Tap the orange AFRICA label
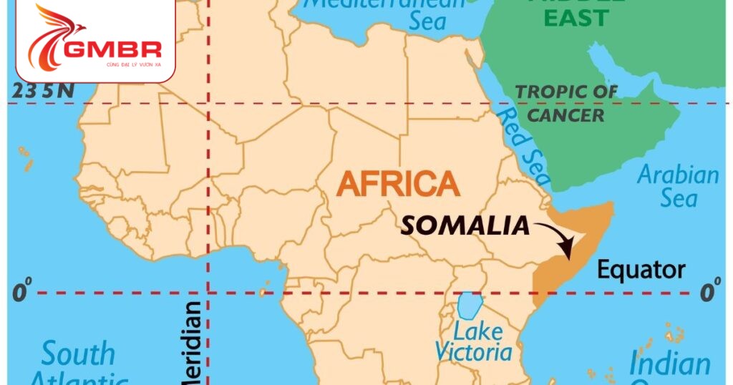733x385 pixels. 398,185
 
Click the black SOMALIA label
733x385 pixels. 465,226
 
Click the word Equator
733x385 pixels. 641,270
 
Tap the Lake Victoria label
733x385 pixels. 474,342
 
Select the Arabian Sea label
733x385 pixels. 677,185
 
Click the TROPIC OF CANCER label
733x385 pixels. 566,102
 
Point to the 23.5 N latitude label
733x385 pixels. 43,91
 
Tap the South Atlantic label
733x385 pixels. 79,364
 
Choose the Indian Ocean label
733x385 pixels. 669,366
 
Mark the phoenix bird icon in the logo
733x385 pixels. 54,36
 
